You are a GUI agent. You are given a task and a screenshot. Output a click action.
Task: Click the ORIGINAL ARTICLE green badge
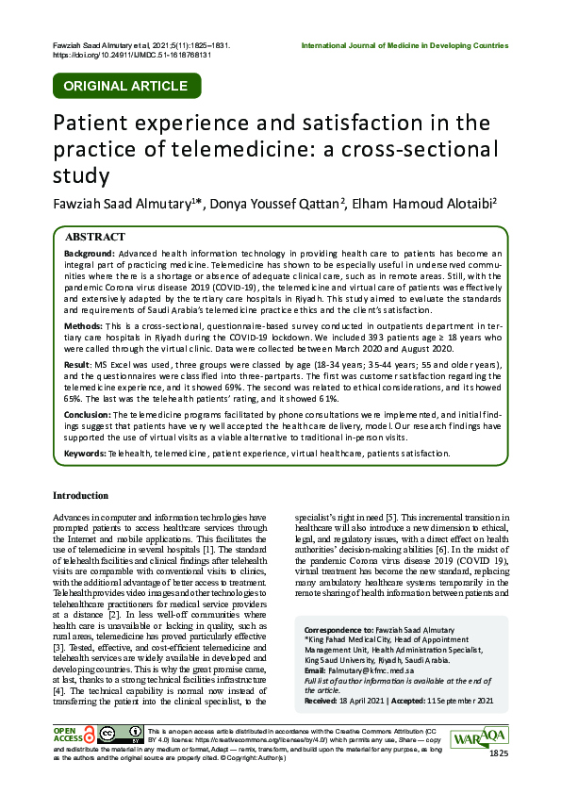[x=124, y=86]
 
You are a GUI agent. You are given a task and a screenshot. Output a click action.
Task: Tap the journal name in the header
[x=404, y=45]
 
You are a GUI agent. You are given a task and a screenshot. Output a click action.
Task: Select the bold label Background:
[x=91, y=255]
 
